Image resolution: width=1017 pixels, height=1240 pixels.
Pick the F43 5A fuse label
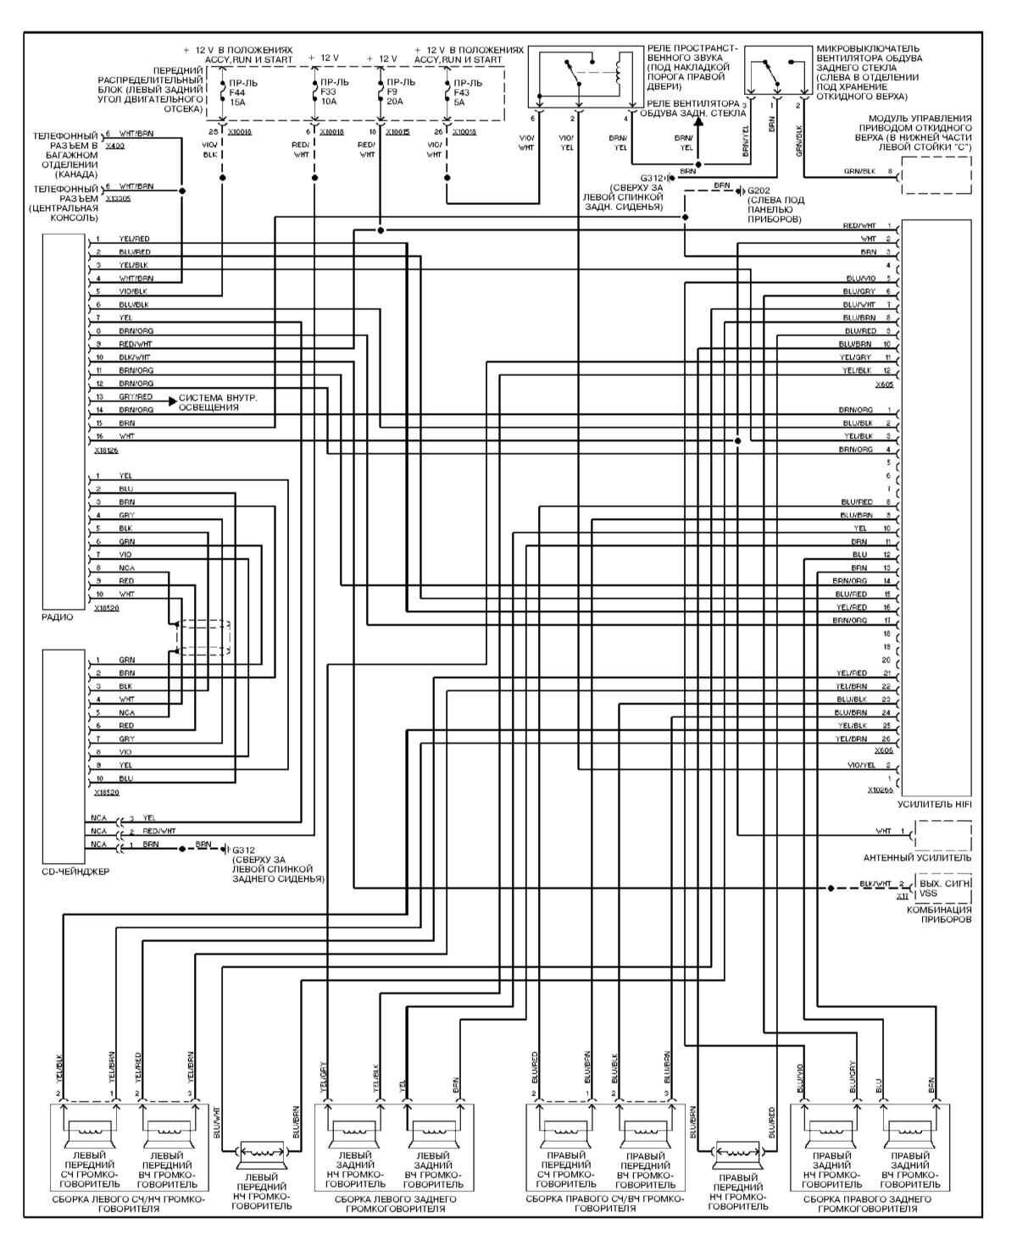point(467,91)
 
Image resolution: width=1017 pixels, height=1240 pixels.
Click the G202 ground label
point(759,191)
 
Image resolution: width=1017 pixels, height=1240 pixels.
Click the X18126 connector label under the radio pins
point(108,451)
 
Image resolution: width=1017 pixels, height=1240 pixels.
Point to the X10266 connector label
point(881,789)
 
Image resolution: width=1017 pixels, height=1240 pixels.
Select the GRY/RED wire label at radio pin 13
point(136,396)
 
